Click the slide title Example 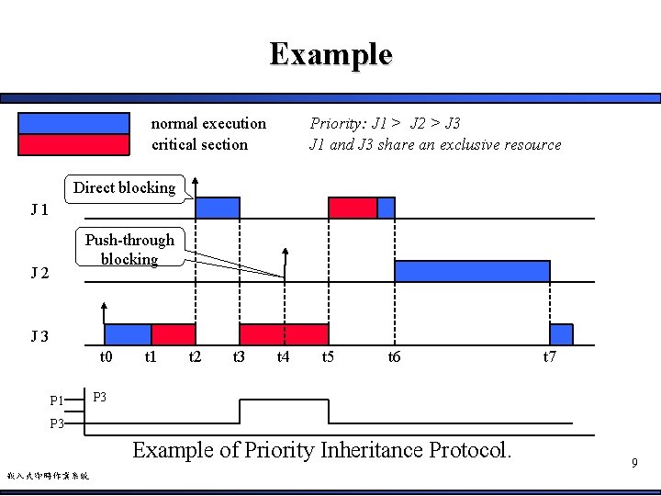click(330, 54)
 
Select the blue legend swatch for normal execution click(74, 123)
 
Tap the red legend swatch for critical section click(74, 144)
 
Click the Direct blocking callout click(124, 187)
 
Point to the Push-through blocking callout click(129, 249)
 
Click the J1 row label click(39, 210)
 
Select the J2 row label click(39, 273)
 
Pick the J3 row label click(39, 336)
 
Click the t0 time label click(106, 356)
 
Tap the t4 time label click(283, 356)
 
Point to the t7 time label click(549, 356)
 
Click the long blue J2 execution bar click(472, 271)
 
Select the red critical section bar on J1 click(353, 208)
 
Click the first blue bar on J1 click(218, 208)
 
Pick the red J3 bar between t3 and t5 click(284, 333)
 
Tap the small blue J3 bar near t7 click(561, 333)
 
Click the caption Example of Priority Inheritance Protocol click(321, 450)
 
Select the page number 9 click(633, 464)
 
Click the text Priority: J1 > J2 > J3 click(385, 123)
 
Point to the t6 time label click(394, 356)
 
